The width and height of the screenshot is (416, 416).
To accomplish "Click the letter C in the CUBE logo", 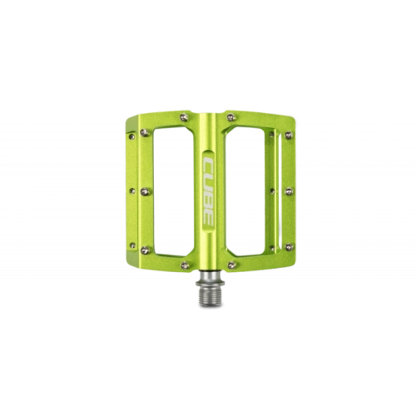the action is point(208,165).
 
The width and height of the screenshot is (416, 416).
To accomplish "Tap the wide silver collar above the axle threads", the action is point(210,284).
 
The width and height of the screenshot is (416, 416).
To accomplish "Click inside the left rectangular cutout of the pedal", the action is point(173,191).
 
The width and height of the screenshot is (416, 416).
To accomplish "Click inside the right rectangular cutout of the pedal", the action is point(245,191).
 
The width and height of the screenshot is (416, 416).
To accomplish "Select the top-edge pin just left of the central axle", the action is point(184,117).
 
